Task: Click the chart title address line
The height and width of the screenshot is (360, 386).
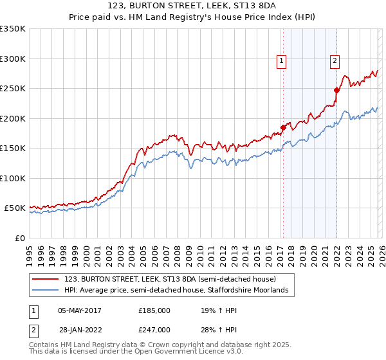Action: tap(193, 6)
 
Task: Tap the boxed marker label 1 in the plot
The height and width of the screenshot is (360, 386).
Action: tap(282, 62)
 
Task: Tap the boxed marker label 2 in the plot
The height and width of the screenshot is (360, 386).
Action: tap(335, 62)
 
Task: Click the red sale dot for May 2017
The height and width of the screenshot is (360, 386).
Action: tap(282, 127)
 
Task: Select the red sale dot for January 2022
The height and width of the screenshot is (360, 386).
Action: tap(336, 90)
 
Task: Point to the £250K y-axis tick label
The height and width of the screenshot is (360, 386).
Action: tap(12, 89)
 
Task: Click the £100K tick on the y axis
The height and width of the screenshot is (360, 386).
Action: tap(12, 178)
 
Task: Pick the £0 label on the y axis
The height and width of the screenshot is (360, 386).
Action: tap(19, 238)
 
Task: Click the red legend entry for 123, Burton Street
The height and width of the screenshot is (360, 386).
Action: tap(170, 279)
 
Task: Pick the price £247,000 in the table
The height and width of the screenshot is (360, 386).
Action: tap(154, 329)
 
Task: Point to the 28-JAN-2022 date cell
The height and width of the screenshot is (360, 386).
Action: tap(79, 329)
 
